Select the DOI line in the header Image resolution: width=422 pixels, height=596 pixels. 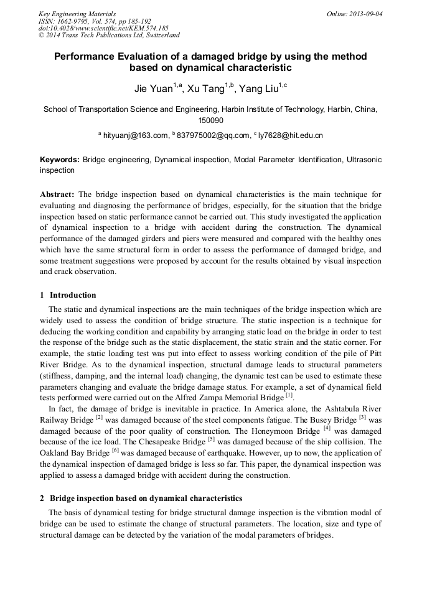click(103, 29)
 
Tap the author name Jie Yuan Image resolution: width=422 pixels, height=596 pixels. click(154, 89)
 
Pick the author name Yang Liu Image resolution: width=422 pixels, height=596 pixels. click(259, 89)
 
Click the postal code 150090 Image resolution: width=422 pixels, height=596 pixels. click(210, 121)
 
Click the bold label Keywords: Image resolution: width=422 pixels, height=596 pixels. click(59, 160)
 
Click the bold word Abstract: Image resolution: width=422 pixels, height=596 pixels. click(57, 195)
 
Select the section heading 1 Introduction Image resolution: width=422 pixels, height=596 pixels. click(68, 295)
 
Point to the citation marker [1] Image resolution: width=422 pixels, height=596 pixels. click(288, 395)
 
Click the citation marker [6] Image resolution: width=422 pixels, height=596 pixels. click(115, 451)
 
